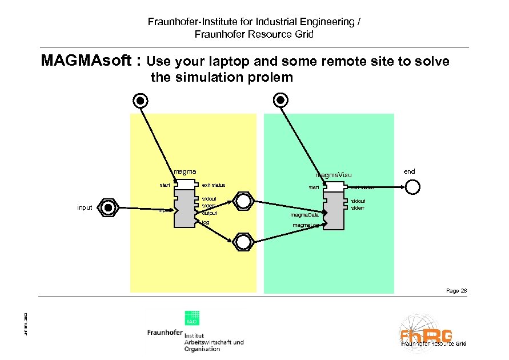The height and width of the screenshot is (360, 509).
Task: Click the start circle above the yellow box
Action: [140, 101]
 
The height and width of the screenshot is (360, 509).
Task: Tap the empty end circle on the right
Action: [412, 186]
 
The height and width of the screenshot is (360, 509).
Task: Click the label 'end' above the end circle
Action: [409, 171]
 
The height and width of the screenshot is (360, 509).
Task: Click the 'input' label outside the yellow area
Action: [85, 207]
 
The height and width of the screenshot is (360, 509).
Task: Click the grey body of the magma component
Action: [185, 209]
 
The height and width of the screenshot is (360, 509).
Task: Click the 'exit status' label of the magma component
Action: [214, 185]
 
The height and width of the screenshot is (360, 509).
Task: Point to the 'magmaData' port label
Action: [304, 215]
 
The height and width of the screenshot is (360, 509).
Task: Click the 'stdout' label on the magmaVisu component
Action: [358, 201]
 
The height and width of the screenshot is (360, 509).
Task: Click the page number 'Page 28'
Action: [456, 291]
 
